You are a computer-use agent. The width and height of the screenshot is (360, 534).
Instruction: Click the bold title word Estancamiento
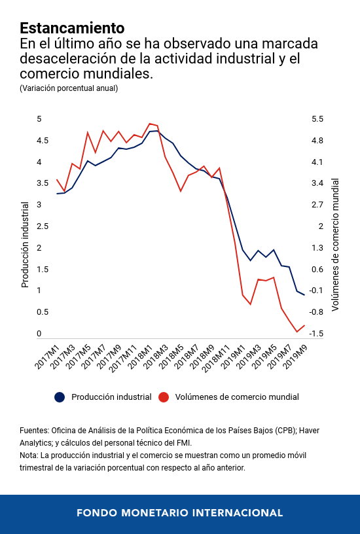72,28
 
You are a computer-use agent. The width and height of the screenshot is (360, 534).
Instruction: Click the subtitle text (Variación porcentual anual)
69,88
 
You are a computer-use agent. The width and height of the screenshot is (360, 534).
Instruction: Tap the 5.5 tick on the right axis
317,119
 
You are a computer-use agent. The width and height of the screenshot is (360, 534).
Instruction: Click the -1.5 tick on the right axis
317,334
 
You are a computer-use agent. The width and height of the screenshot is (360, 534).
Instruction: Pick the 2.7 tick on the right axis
317,205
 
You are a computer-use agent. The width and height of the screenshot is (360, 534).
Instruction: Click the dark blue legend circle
60,397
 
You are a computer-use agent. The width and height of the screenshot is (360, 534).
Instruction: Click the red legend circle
164,397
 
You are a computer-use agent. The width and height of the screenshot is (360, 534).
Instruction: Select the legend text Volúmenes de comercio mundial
237,397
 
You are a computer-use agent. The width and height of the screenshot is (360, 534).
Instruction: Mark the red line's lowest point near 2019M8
297,332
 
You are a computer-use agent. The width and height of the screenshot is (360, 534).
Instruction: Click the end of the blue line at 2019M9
304,295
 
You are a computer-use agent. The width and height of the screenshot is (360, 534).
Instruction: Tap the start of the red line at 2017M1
57,179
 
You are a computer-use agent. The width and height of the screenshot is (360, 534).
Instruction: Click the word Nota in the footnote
29,455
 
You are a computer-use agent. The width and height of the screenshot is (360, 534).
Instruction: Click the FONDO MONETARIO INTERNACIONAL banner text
180,513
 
